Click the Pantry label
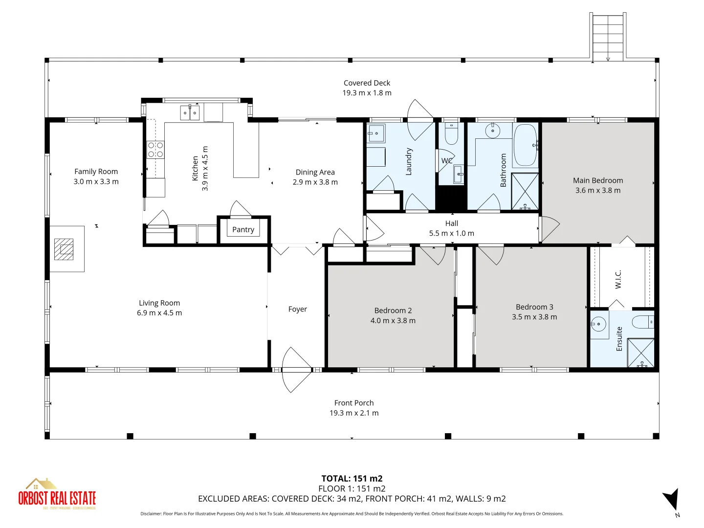[x=243, y=229]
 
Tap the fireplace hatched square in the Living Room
[x=64, y=249]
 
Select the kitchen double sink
[x=190, y=113]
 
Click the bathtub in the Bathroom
[x=525, y=145]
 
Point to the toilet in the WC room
[x=451, y=134]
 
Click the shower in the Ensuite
[x=640, y=352]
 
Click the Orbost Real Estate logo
[x=57, y=494]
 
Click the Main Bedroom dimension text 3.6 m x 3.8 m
[x=597, y=191]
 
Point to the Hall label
[x=451, y=223]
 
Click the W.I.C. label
[x=618, y=279]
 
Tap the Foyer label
[x=297, y=309]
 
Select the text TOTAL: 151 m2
[x=352, y=479]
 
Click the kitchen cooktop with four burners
[x=155, y=150]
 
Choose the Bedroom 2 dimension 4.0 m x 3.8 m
[x=393, y=321]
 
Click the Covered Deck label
[x=367, y=83]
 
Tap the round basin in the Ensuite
[x=598, y=324]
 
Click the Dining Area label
[x=315, y=172]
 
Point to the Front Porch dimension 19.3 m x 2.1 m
[x=354, y=413]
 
